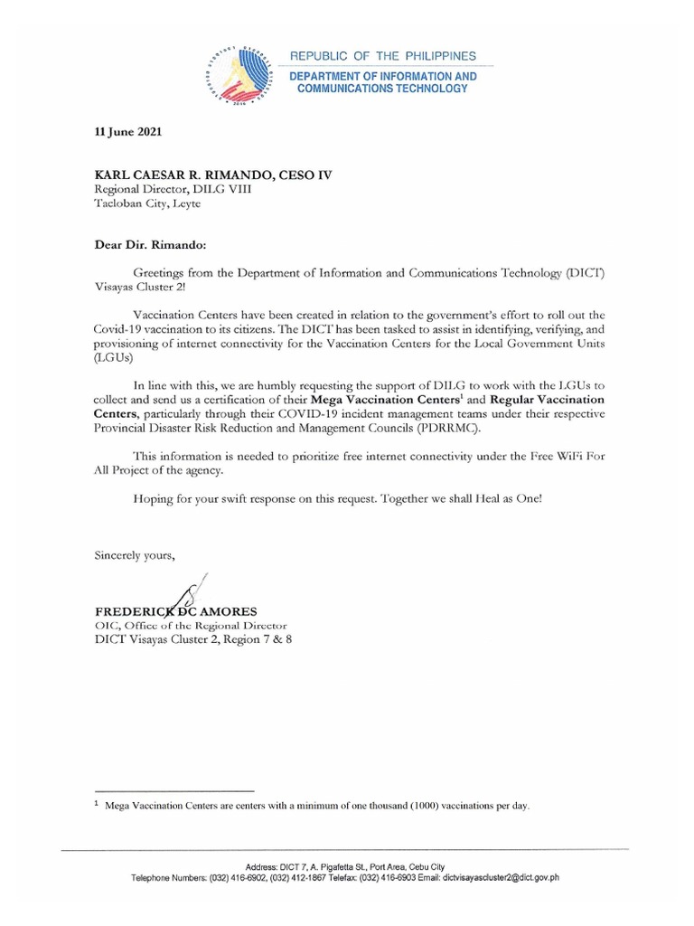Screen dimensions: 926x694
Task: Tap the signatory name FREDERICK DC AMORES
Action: click(177, 611)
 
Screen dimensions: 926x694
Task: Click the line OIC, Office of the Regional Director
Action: click(190, 626)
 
